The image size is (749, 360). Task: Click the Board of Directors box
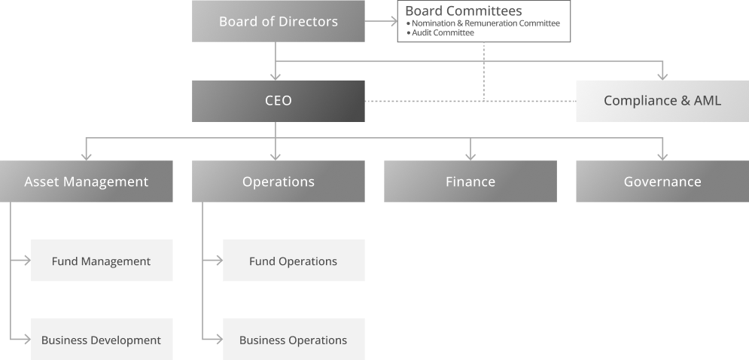278,21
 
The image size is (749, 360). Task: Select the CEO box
278,100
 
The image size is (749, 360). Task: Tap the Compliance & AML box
662,100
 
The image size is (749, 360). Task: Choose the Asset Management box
86,182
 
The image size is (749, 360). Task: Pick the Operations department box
278,182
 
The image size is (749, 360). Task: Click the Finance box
470,182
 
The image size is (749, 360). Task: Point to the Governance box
662,182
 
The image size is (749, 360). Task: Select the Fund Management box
101,261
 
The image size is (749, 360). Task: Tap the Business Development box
101,340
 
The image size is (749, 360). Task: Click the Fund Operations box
293,261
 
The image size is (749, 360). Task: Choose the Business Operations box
293,340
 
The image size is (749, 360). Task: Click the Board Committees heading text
463,11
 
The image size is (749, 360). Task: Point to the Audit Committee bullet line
443,33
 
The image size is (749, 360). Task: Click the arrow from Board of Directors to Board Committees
381,21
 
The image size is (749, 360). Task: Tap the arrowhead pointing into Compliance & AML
662,75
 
